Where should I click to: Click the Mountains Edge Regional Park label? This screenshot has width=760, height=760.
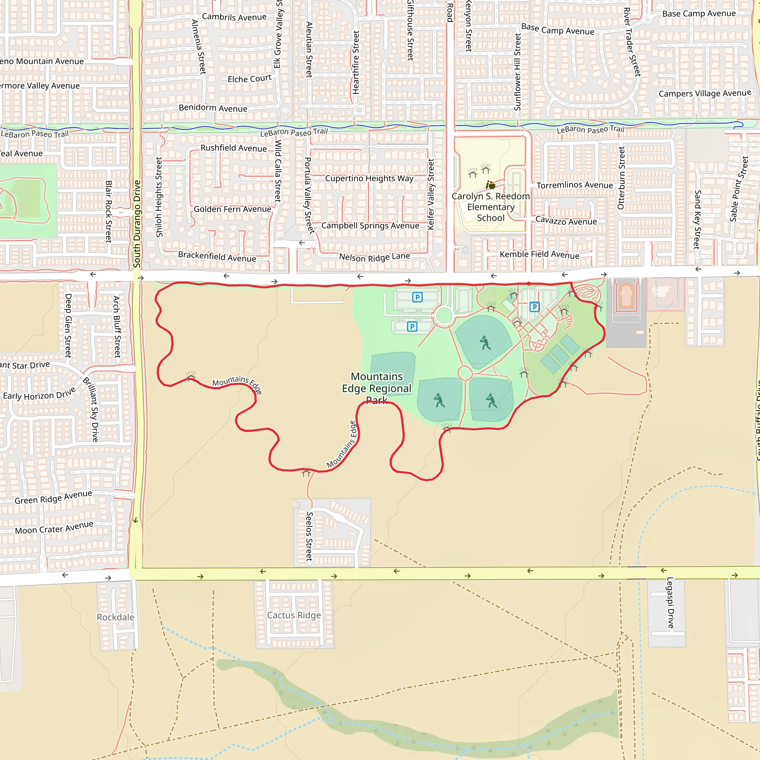click(376, 388)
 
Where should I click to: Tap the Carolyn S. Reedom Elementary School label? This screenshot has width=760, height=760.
click(491, 207)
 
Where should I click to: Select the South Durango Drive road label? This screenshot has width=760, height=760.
click(137, 224)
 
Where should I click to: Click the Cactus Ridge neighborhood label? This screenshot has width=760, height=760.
click(294, 615)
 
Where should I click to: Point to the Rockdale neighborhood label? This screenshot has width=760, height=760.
click(115, 617)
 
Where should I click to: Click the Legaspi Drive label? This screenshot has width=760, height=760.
click(670, 603)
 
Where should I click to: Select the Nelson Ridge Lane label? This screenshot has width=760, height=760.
click(374, 257)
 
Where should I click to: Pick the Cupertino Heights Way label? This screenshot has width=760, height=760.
click(369, 178)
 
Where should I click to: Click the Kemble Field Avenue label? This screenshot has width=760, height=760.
click(539, 255)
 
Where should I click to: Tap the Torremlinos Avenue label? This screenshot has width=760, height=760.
click(575, 185)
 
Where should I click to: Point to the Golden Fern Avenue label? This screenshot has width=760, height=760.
click(232, 209)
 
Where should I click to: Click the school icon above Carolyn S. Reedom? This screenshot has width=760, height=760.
click(490, 184)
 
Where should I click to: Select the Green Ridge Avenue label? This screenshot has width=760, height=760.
click(53, 497)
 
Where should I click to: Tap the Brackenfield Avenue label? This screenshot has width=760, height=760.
click(217, 256)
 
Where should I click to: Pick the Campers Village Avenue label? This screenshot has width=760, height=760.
click(705, 93)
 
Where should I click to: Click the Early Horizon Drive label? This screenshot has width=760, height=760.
click(39, 393)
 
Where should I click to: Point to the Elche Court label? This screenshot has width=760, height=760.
click(249, 79)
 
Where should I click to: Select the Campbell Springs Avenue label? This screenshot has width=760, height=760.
click(370, 225)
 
